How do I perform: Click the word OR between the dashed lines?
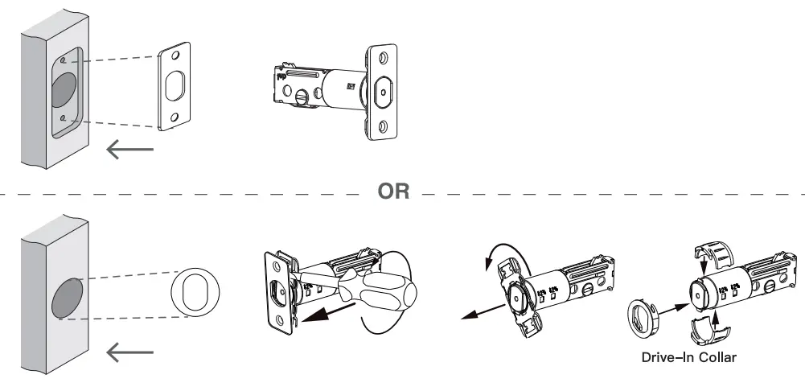tap(393, 192)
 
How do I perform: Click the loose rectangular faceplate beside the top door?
tap(178, 87)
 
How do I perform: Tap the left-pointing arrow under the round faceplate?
tap(130, 351)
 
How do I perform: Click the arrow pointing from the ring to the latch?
tap(673, 305)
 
